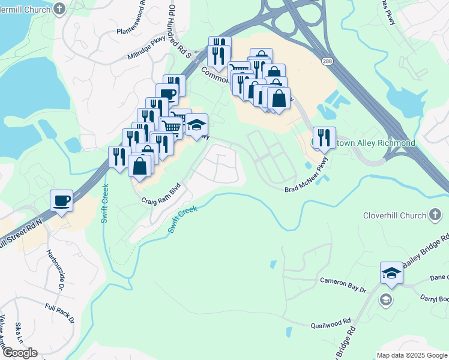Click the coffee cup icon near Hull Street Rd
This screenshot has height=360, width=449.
click(62, 200)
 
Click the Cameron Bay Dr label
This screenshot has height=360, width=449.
click(343, 284)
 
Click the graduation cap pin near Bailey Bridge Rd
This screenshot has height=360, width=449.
click(391, 273)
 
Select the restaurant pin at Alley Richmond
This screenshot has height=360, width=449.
click(324, 138)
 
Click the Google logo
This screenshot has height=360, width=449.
click(20, 353)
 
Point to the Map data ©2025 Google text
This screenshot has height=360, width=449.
click(411, 355)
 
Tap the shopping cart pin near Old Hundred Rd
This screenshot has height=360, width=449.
click(171, 127)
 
